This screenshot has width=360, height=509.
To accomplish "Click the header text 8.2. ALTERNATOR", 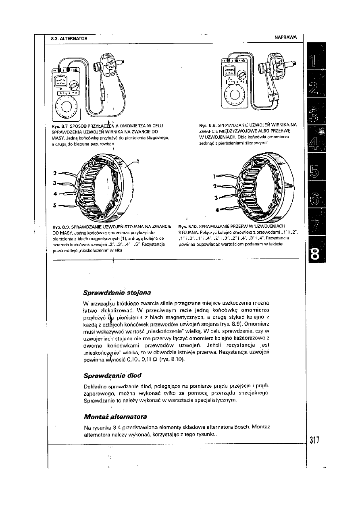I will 67,38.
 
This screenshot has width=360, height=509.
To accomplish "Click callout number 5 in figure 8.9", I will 54,205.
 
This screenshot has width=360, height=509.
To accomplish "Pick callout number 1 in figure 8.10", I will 214,176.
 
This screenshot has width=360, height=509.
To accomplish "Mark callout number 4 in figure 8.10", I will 217,210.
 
